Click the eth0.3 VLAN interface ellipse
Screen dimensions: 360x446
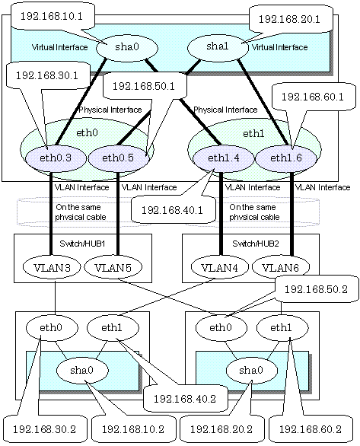56,158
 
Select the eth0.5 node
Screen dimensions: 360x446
119,158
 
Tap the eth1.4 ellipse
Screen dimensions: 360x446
223,158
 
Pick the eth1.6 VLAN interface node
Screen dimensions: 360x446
286,158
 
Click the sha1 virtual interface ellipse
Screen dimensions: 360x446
218,46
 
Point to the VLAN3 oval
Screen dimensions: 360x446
52,267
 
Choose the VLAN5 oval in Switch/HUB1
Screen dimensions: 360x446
113,267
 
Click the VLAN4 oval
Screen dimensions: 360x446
219,267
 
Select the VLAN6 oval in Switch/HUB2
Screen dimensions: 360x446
281,267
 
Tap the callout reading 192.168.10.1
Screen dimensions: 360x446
52,17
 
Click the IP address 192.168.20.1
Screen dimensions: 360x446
289,19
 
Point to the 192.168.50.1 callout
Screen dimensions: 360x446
144,86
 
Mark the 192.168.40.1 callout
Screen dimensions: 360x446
172,211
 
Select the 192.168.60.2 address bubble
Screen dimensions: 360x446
311,429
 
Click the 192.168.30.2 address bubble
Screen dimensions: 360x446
44,429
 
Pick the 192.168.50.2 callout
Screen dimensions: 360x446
316,289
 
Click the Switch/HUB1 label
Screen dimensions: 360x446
82,244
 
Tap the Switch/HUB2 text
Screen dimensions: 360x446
256,244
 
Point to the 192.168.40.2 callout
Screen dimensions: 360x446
185,399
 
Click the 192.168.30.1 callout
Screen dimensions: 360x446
47,75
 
